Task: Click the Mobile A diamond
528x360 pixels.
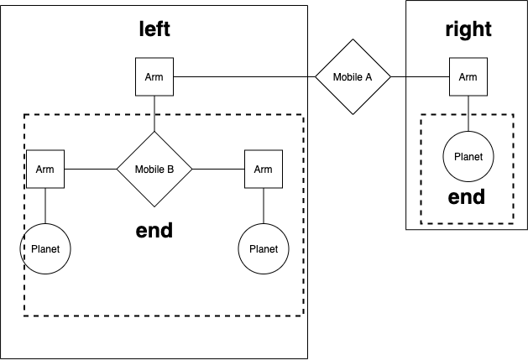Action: point(353,77)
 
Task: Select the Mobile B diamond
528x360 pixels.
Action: point(154,169)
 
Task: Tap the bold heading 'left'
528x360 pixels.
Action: point(154,29)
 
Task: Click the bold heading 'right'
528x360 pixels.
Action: point(468,29)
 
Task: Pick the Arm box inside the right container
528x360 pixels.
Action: point(468,77)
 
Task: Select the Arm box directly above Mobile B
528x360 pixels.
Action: point(154,77)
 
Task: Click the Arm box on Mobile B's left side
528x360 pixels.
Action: point(44,169)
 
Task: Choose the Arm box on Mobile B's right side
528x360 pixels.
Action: point(263,169)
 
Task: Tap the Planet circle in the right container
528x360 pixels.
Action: point(468,157)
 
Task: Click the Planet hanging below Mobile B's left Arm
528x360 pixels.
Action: point(44,249)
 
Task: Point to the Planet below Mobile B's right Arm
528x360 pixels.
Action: point(263,249)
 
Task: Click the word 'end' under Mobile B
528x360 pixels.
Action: point(154,230)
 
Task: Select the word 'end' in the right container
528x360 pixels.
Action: point(467,197)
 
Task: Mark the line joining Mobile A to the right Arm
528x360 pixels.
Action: point(420,77)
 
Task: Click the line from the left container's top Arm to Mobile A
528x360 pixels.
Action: point(243,77)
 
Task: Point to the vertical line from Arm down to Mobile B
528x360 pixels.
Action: point(154,113)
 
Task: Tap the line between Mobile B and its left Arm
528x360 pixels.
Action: point(90,169)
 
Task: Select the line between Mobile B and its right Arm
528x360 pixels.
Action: point(218,169)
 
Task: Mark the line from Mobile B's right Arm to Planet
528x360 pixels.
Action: point(263,206)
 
